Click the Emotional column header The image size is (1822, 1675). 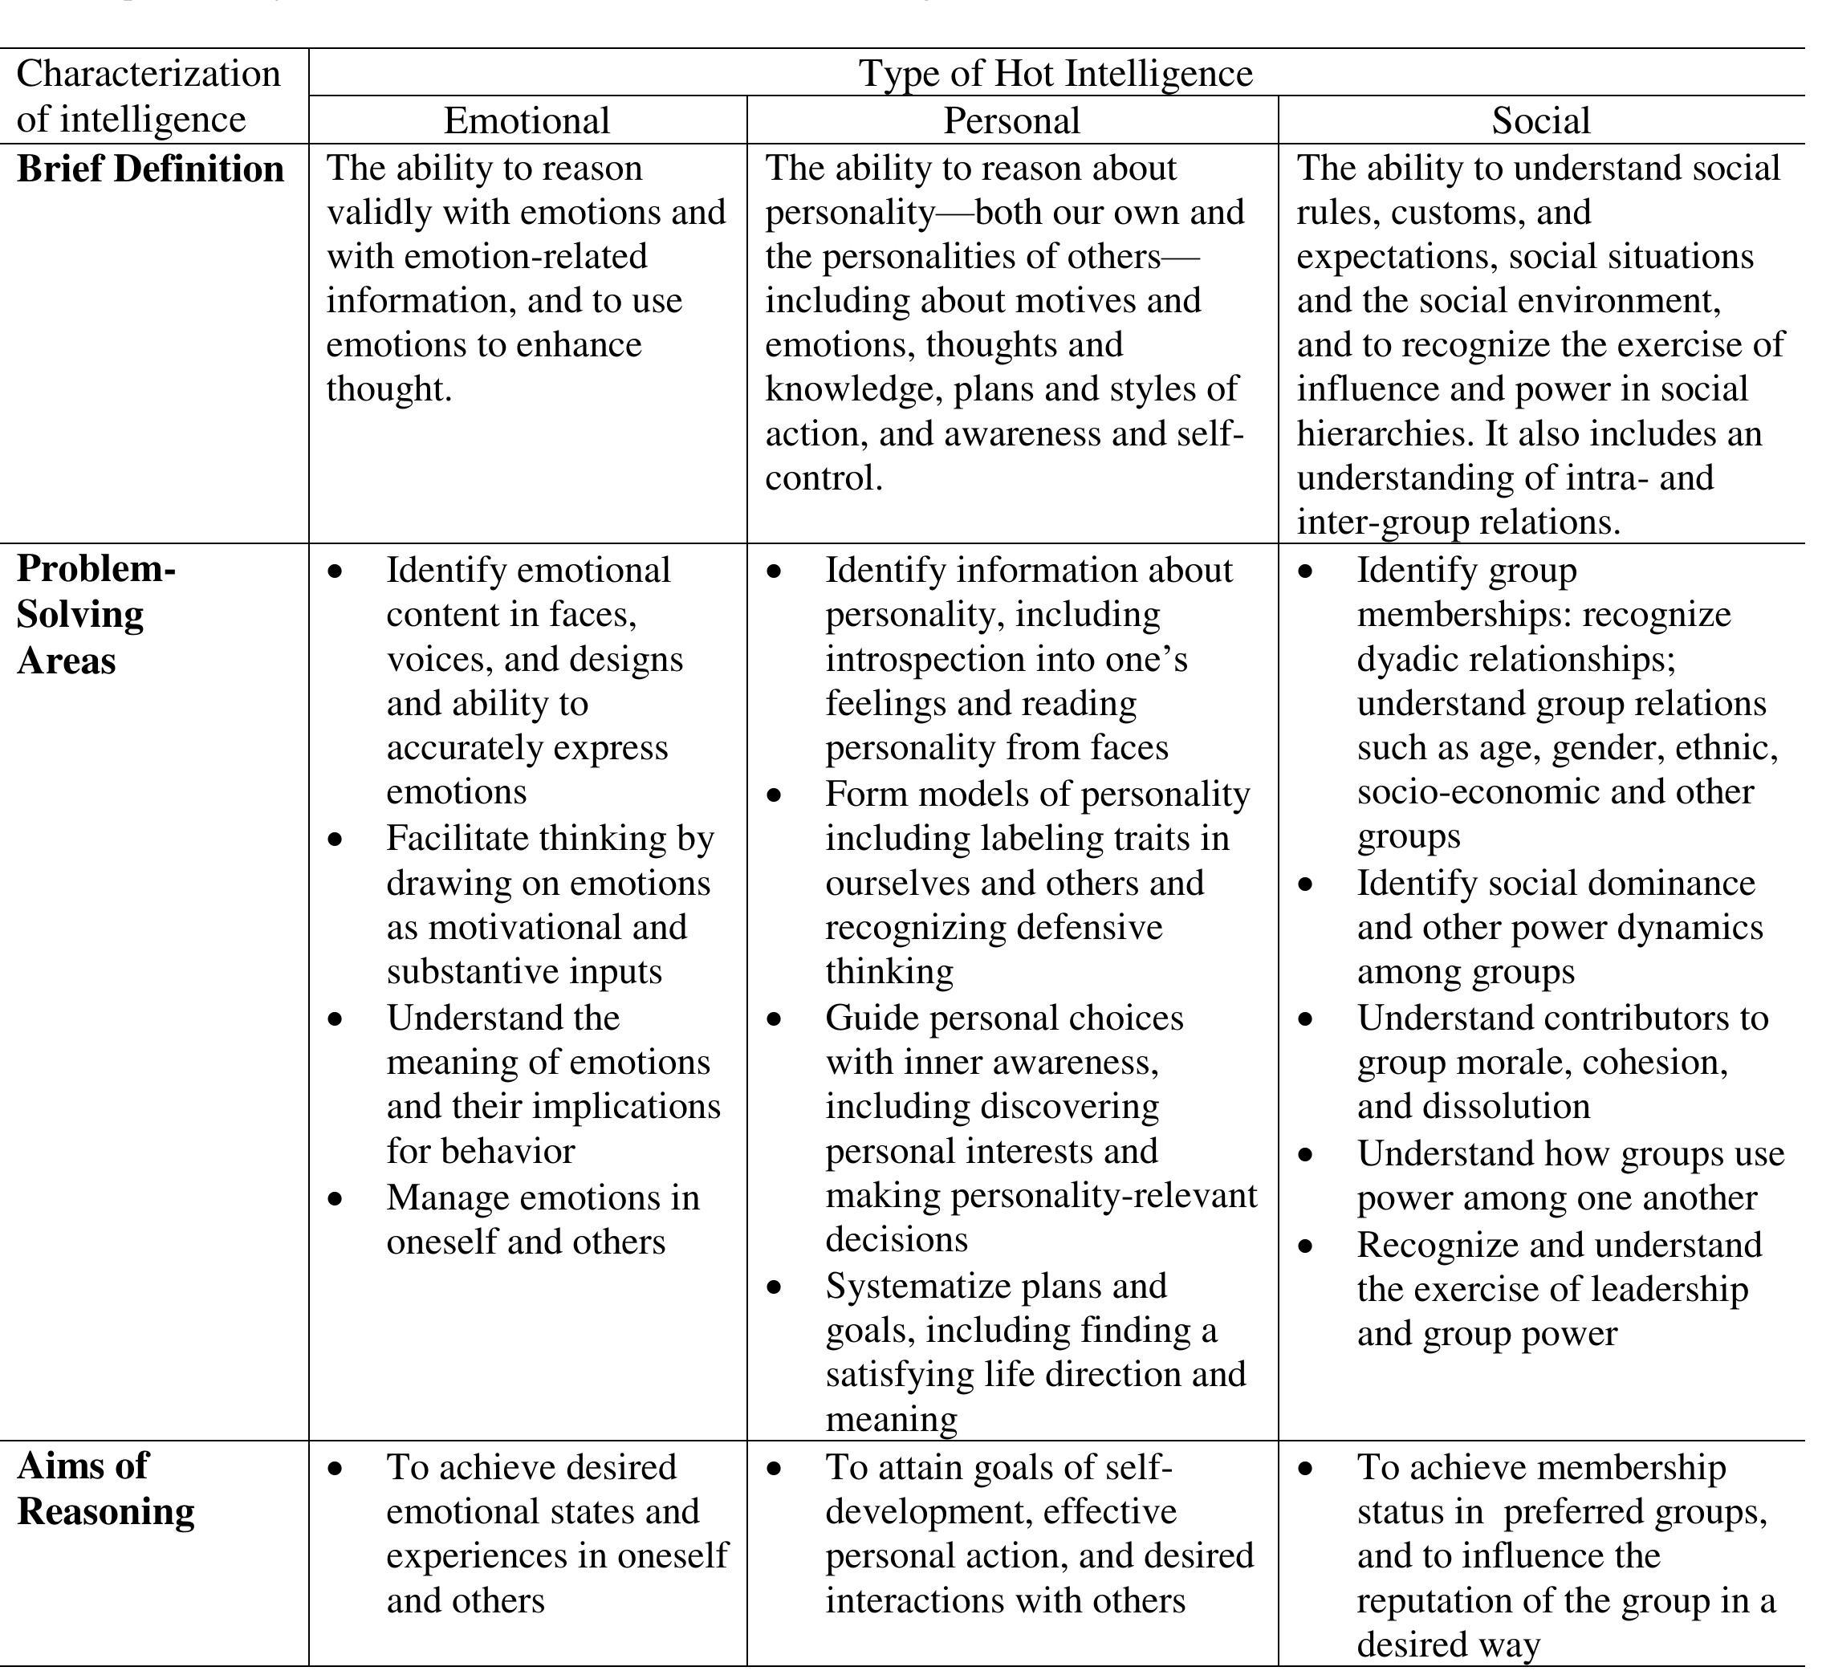[x=527, y=120]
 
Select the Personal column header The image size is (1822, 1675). [x=1011, y=120]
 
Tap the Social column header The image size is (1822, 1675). [x=1541, y=120]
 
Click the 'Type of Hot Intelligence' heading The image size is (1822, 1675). [x=1056, y=73]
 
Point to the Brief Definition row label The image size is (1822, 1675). [x=150, y=169]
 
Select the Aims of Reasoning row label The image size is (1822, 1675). [x=105, y=1489]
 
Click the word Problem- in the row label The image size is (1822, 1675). [x=96, y=569]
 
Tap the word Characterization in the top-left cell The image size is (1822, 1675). [x=148, y=73]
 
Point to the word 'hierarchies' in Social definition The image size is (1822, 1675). [x=1385, y=434]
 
